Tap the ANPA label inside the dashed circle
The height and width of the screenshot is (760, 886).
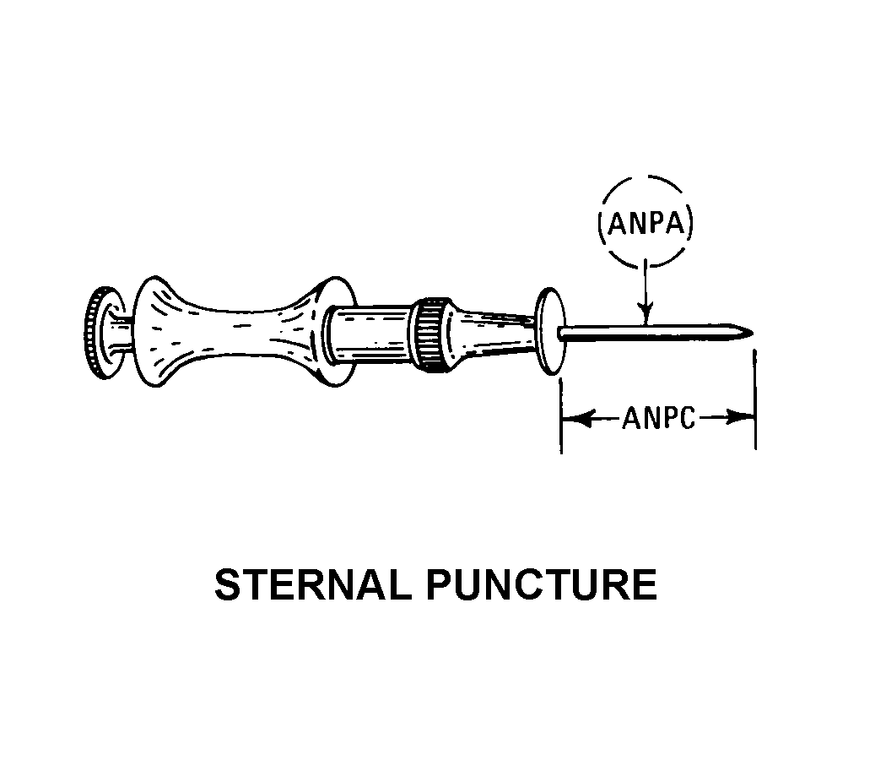point(646,224)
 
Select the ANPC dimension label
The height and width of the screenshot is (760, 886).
point(659,419)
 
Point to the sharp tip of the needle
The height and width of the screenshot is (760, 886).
point(753,332)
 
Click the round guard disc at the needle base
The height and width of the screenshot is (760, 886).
point(549,331)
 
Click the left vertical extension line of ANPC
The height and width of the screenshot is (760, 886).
point(560,415)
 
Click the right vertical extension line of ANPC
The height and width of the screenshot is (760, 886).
point(755,399)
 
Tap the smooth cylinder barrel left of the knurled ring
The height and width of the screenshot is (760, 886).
point(371,334)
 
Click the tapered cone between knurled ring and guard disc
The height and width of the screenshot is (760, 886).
point(492,335)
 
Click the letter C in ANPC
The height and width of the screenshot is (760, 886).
point(687,419)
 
